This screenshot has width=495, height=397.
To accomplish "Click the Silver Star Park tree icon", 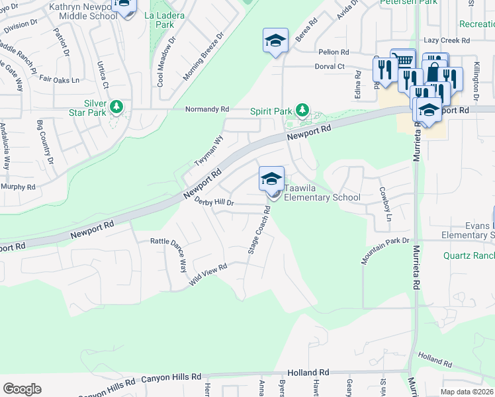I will point(116,106).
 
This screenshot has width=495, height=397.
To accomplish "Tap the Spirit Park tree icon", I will point(302,109).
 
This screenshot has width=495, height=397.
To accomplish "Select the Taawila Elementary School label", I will point(322,192).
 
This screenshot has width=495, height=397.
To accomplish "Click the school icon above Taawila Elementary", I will point(271,179).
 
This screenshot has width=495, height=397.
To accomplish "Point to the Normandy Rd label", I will point(206,109).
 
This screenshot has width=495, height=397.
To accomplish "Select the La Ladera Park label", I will point(155,19).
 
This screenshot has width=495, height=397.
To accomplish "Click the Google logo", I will point(22,389).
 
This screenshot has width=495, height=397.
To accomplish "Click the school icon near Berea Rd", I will point(275,41).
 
